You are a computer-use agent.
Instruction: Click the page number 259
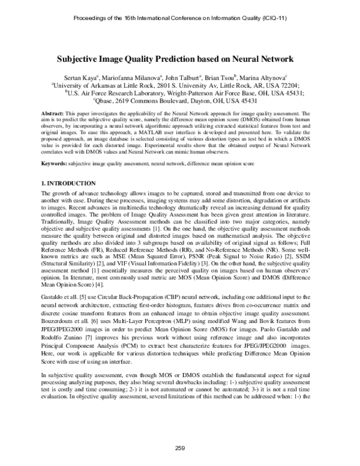pos(179,448)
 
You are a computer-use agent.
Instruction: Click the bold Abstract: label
pos(52,113)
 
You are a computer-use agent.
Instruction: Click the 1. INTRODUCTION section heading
pos(67,183)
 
